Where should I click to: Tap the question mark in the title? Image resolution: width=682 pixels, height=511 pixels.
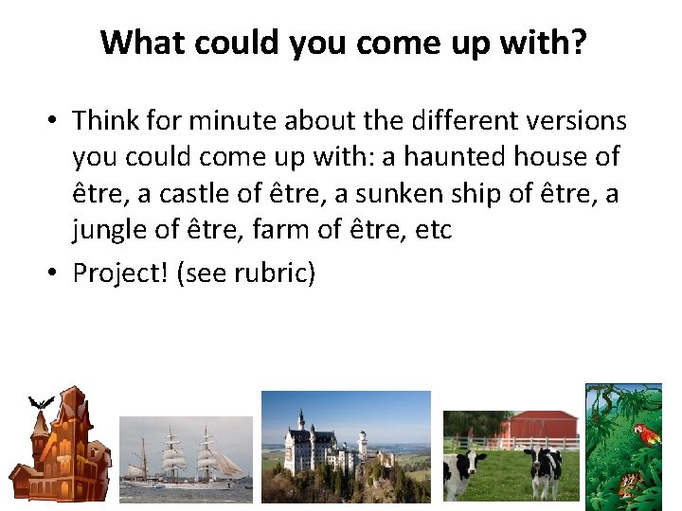[x=577, y=43]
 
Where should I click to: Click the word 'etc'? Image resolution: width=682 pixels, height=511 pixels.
[x=433, y=230]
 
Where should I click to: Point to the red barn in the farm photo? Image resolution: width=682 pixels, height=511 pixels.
[x=538, y=429]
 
